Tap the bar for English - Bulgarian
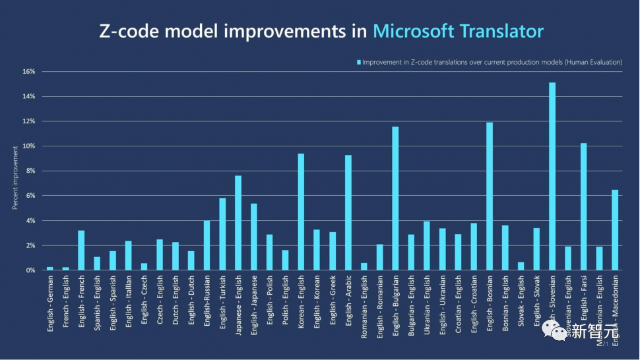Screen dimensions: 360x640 tap(395, 198)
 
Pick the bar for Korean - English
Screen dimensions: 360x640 tap(301, 212)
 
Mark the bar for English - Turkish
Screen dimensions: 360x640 tap(222, 234)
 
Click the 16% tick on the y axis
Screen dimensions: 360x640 tap(28, 71)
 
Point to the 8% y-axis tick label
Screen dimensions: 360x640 tap(30, 171)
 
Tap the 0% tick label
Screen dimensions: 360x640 tap(30, 270)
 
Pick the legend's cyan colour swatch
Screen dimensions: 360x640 tap(359, 62)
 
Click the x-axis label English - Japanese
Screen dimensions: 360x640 tap(254, 305)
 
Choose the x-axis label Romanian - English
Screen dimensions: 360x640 tap(364, 306)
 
